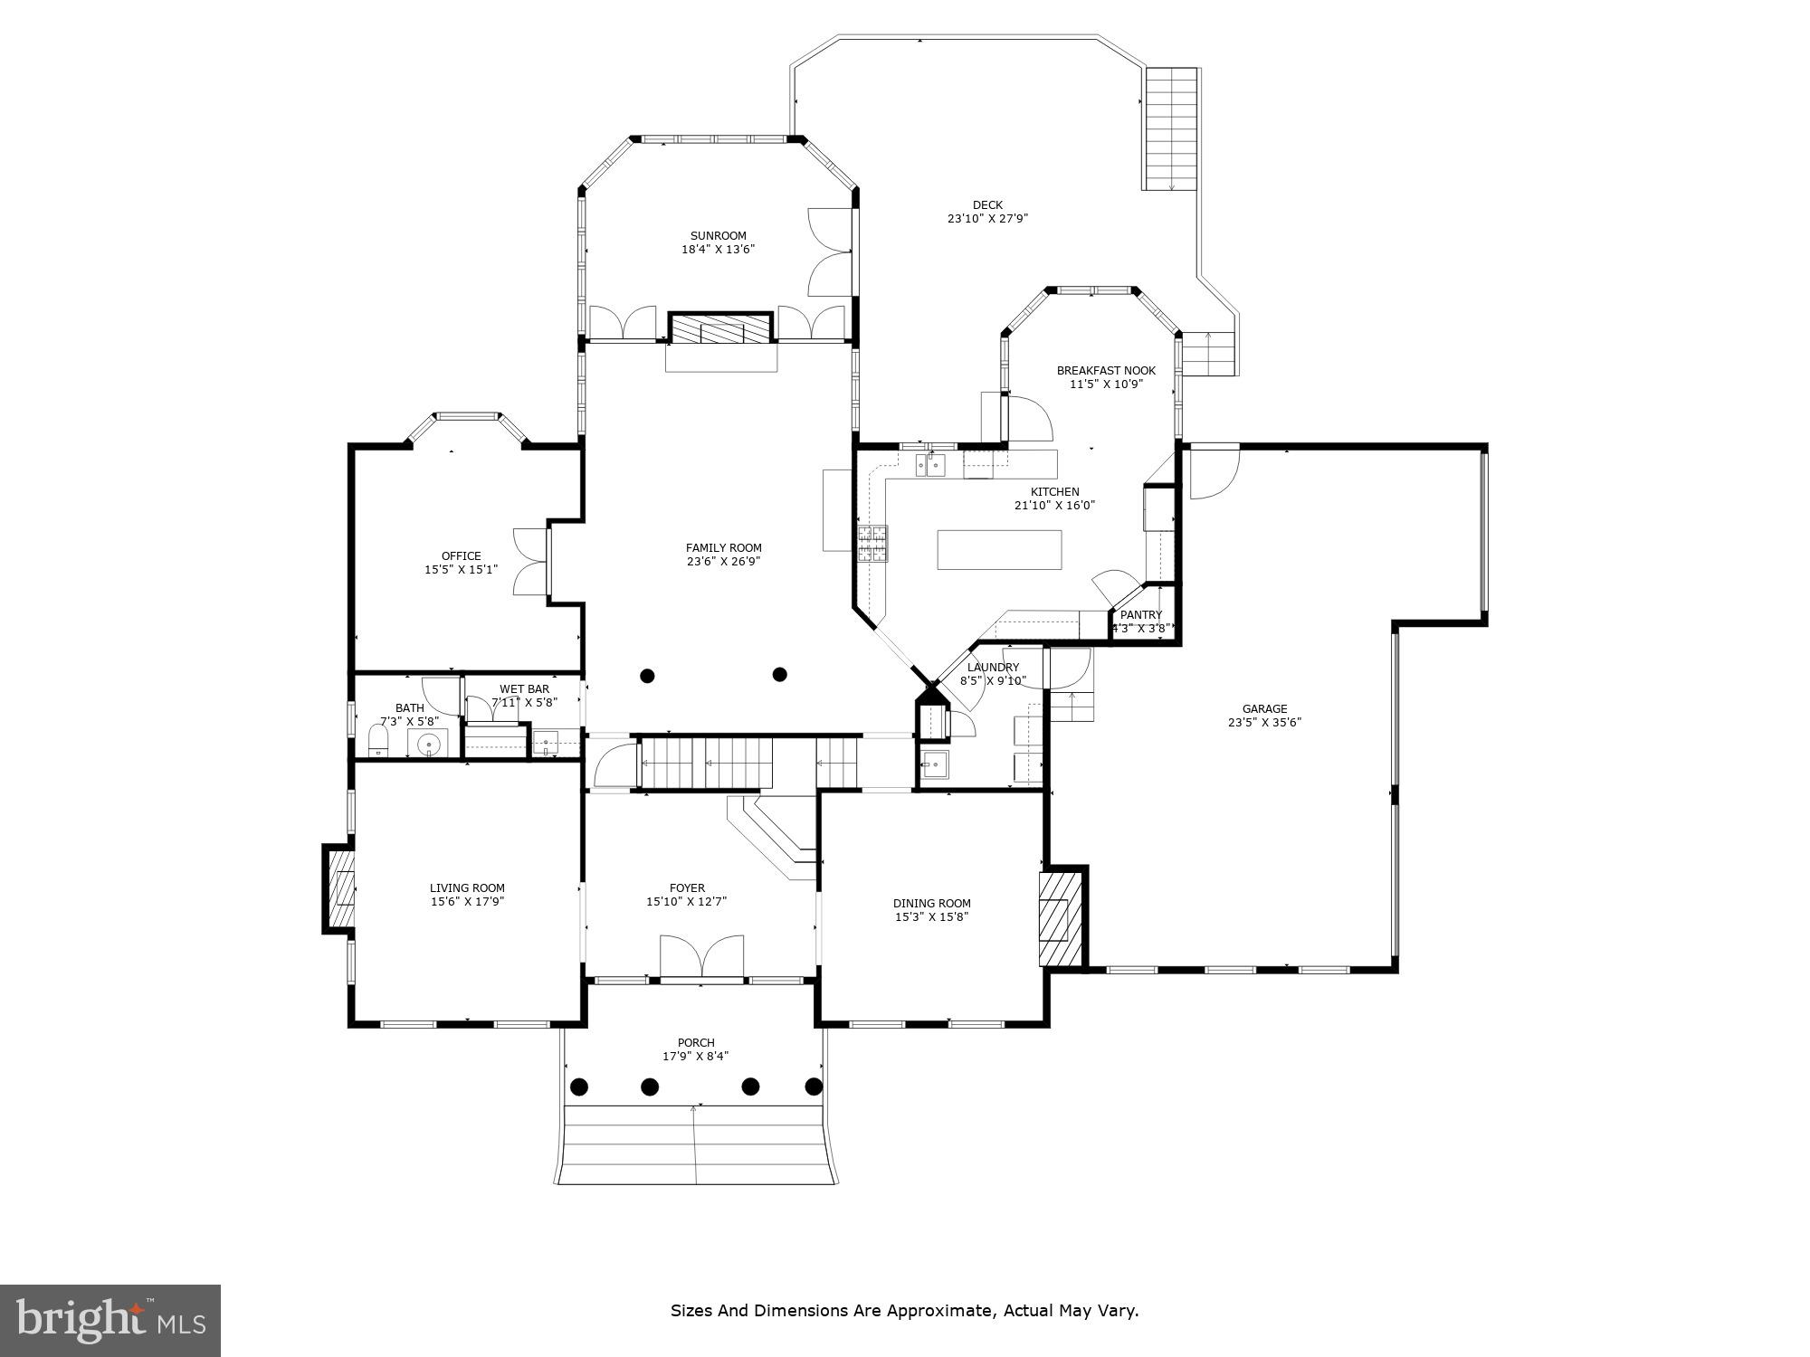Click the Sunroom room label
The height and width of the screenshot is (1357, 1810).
pos(719,236)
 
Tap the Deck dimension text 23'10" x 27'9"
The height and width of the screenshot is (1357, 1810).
pos(987,219)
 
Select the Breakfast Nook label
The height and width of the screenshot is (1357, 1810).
pos(1106,371)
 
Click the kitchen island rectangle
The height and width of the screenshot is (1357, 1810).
pos(999,550)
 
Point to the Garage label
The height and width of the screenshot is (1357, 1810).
pos(1264,709)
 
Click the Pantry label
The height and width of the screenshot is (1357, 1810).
pos(1140,615)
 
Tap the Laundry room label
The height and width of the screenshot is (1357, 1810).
pos(993,668)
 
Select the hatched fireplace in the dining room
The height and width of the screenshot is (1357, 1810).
pos(1060,919)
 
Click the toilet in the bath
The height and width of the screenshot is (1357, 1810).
pos(378,740)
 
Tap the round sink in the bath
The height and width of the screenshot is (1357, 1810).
pos(429,745)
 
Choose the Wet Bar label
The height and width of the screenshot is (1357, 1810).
pos(524,689)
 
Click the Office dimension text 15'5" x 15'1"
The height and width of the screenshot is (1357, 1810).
pos(461,570)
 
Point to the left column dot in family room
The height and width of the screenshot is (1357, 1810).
pos(647,676)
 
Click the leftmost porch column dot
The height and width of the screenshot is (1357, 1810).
pos(579,1087)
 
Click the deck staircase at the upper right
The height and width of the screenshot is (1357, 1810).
pos(1172,128)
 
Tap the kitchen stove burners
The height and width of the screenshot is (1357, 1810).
pos(872,544)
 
